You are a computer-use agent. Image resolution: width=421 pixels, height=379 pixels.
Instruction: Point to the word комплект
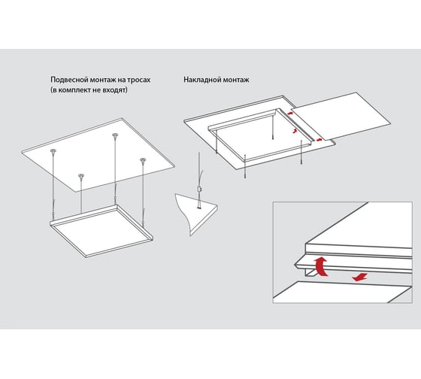click(x=74, y=90)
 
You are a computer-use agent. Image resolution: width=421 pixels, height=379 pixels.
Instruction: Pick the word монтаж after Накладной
click(x=235, y=80)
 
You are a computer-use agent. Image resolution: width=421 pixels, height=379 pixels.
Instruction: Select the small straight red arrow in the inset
click(x=360, y=277)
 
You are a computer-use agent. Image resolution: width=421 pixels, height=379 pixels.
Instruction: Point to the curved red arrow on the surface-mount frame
click(x=295, y=131)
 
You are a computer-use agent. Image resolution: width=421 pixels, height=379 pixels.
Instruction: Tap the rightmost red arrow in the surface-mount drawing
click(x=319, y=139)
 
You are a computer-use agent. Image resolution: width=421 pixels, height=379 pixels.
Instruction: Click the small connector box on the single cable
click(x=199, y=189)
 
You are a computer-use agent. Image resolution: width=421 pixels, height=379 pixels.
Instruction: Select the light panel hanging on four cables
click(x=101, y=232)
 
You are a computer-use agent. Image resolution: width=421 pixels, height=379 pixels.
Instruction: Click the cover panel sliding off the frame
click(x=341, y=116)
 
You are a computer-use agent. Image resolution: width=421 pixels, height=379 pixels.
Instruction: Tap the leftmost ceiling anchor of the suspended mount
click(x=53, y=151)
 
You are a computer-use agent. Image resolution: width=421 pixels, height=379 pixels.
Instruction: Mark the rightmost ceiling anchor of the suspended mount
click(x=143, y=160)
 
